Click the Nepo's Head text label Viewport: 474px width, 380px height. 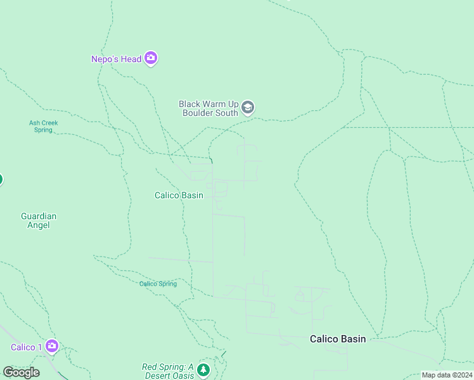[116, 59]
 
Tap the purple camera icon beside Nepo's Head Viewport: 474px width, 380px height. [151, 59]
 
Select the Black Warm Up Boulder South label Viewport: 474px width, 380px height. [208, 108]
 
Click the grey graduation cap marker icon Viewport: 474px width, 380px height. [248, 108]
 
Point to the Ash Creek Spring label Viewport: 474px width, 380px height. [43, 127]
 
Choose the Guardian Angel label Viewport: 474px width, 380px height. [39, 220]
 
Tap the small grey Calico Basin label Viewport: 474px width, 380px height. [179, 195]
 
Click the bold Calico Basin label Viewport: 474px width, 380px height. [337, 339]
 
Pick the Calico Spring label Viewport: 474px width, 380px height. [158, 284]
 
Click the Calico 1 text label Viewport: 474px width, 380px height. [27, 347]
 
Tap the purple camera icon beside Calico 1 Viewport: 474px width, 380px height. [52, 346]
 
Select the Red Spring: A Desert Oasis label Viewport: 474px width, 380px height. [167, 370]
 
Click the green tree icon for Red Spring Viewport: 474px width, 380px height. [203, 370]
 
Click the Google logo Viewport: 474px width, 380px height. [21, 372]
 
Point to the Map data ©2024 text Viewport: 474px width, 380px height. [446, 375]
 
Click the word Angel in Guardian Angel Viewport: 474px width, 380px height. [39, 225]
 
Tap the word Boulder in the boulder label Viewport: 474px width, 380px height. [196, 113]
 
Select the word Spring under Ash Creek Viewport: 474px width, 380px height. [43, 130]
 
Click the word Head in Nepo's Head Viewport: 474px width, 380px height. [131, 59]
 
